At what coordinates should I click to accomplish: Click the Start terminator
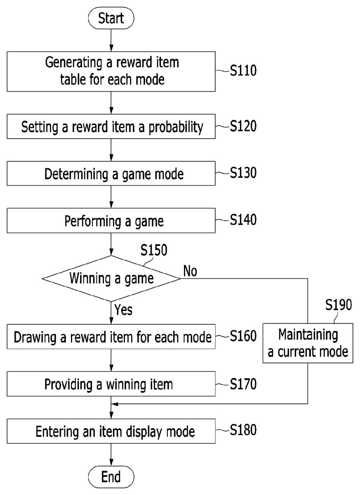tap(111, 19)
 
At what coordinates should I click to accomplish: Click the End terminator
tap(111, 477)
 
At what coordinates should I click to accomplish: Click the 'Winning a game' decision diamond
tap(111, 278)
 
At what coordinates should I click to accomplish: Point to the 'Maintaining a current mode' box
tap(308, 343)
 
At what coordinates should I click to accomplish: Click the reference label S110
tap(243, 71)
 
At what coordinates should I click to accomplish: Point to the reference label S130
tap(243, 173)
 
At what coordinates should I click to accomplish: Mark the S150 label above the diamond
tap(153, 250)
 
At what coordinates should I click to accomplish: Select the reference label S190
tap(338, 305)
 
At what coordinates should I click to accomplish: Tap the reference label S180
tap(243, 430)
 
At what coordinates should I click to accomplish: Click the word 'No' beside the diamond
tap(190, 271)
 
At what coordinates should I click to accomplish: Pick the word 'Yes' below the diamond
tap(123, 309)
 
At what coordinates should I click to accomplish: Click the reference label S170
tap(243, 384)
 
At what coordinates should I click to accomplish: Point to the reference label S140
tap(243, 220)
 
